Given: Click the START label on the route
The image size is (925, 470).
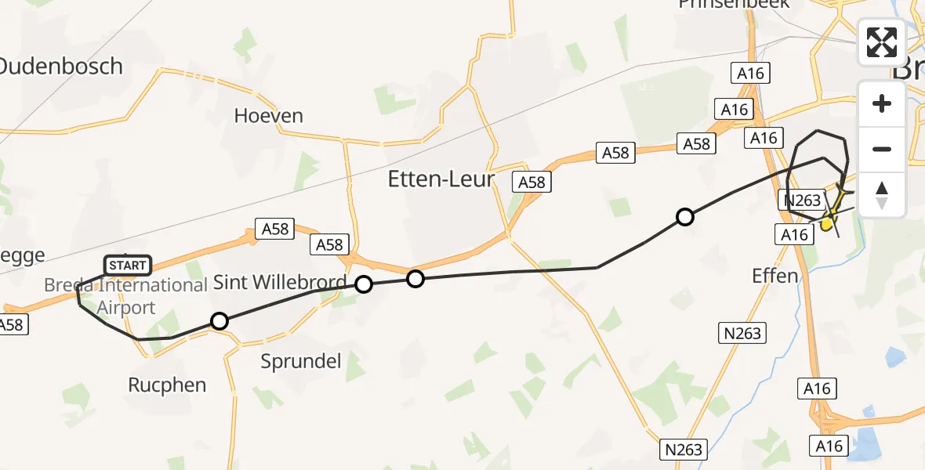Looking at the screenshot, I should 128,266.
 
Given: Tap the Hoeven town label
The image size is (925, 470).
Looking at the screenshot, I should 268,116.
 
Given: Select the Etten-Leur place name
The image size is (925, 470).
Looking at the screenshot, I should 442,179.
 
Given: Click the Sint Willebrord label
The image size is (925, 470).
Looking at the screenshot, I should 280,283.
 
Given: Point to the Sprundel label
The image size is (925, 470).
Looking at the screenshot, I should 301,361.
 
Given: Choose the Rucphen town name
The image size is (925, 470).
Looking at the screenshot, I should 167,385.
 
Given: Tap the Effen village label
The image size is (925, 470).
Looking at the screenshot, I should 774,276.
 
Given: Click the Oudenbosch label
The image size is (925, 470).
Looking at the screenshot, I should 61,66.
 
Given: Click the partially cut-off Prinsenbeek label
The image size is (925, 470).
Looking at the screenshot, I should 726,5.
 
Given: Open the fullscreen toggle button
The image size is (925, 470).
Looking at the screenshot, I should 882,42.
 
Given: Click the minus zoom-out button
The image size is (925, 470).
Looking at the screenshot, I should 882,149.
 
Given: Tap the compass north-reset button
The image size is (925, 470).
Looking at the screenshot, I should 882,195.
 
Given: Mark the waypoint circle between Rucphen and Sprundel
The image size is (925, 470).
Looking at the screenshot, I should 219,320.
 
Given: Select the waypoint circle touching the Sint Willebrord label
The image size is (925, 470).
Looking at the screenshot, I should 364,284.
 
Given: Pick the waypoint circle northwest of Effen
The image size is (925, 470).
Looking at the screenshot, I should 685,217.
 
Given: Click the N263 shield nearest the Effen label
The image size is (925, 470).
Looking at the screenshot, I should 741,334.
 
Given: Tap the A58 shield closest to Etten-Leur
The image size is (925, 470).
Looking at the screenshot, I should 531,182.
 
